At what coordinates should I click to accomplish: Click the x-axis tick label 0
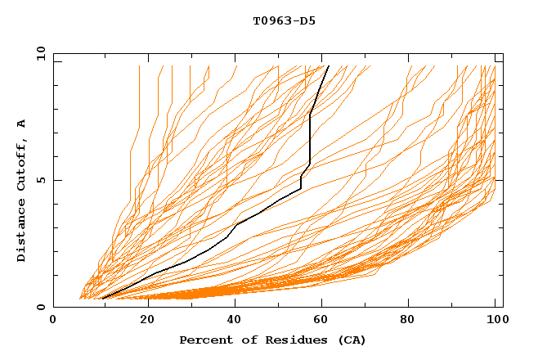coord(53,320)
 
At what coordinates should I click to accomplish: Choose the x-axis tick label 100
coord(494,320)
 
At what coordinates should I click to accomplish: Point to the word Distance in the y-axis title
coord(21,229)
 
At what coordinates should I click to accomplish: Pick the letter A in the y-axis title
coord(21,123)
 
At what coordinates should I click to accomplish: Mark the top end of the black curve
coord(328,65)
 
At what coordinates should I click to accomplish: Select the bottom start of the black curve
coord(101,299)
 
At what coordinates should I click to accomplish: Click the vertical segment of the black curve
coord(310,139)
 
